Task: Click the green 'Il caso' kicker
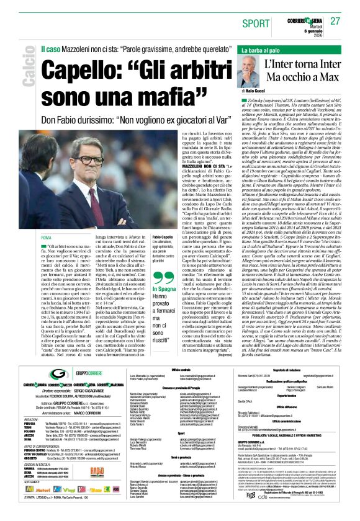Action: pos(52,47)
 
